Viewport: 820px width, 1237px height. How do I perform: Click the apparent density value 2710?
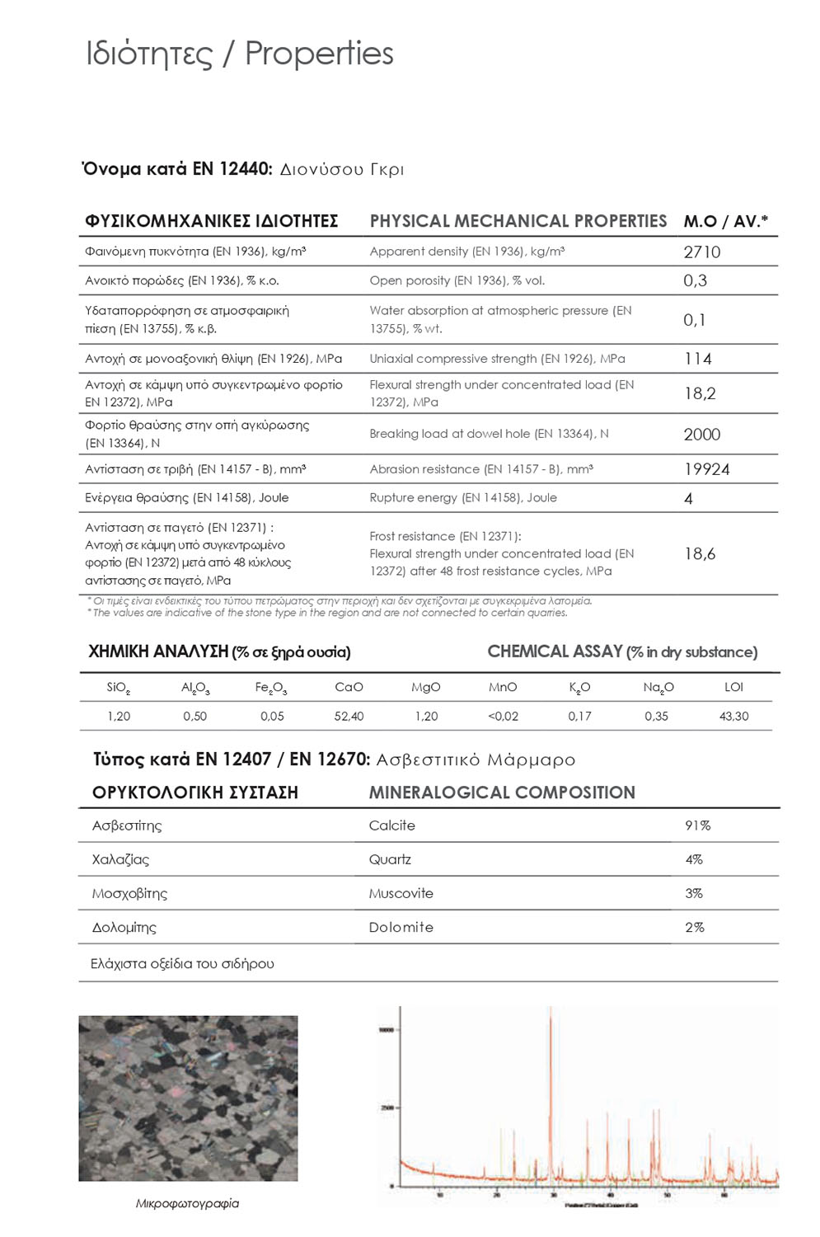point(701,252)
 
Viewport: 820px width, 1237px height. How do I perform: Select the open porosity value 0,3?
point(695,280)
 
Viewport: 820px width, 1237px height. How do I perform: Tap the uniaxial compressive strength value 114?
point(697,359)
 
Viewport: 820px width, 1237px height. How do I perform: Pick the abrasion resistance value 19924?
point(706,469)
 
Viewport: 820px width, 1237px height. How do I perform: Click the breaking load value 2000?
point(701,435)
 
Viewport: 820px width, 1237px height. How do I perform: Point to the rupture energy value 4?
point(688,498)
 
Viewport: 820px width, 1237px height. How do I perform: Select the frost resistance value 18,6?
point(700,554)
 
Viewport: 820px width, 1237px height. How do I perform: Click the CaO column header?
point(349,687)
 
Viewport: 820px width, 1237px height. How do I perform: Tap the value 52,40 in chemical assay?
point(349,716)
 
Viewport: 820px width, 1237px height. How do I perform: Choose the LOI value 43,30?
point(733,716)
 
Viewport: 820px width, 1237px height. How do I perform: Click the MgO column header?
point(426,687)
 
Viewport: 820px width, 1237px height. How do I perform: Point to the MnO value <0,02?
point(503,716)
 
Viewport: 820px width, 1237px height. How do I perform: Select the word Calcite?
point(392,825)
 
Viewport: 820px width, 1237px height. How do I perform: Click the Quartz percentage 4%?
point(694,859)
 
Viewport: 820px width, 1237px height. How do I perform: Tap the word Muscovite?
point(401,893)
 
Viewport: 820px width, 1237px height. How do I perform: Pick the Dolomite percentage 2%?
point(695,927)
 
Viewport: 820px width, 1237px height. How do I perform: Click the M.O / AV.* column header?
point(725,221)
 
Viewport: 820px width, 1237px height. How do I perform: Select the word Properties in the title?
point(319,54)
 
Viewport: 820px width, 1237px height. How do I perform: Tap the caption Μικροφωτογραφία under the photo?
point(187,1203)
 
